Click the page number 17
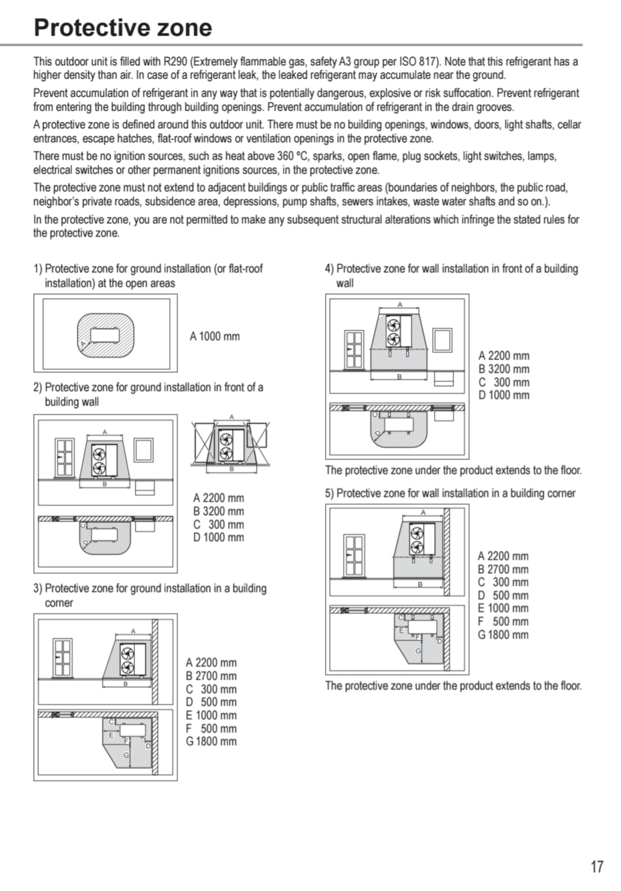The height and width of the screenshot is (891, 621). click(x=597, y=866)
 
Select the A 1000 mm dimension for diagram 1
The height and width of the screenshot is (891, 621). click(x=215, y=337)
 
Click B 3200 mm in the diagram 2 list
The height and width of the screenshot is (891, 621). click(x=218, y=511)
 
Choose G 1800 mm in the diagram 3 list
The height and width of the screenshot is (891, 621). click(x=211, y=741)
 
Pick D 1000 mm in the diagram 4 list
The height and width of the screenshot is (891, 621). click(x=504, y=395)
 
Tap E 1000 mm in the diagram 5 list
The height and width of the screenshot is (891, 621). click(x=503, y=608)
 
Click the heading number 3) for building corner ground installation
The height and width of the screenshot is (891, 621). click(x=38, y=588)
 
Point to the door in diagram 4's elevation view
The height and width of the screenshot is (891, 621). click(x=354, y=350)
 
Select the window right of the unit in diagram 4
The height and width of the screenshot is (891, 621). click(x=442, y=340)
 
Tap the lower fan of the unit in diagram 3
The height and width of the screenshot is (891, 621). click(x=127, y=667)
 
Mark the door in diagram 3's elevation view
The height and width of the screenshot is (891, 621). click(x=63, y=658)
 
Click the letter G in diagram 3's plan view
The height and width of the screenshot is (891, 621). click(x=126, y=755)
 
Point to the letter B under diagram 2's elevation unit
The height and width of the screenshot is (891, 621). click(x=105, y=484)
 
